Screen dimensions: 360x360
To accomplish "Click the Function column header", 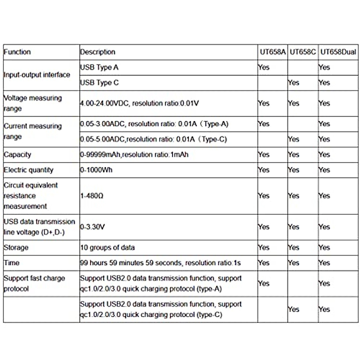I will tap(17, 52).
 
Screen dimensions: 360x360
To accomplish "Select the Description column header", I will tap(97, 52).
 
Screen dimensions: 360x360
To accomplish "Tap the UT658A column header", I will tap(272, 52).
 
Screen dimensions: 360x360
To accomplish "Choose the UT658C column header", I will tap(303, 52).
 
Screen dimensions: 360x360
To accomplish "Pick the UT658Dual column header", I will tap(338, 52).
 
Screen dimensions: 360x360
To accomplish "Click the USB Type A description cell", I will tap(99, 67).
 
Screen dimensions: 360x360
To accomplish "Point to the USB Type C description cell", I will tap(99, 82).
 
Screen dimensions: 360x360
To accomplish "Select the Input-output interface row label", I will tap(37, 75).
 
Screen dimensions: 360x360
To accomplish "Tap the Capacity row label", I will tap(17, 154).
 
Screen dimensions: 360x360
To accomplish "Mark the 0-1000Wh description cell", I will tap(96, 170).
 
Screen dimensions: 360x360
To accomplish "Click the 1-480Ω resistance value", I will tap(91, 196).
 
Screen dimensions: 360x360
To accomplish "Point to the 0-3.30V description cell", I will tap(92, 227).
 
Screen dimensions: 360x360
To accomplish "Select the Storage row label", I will tap(16, 247).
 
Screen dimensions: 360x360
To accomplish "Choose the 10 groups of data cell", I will tap(107, 247).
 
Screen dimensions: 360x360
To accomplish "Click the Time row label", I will tap(11, 263).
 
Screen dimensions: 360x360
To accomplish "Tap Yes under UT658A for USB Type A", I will tap(264, 67).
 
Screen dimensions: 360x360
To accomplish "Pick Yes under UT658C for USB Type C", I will tap(293, 82).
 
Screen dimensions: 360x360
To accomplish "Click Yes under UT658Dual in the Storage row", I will tap(324, 247).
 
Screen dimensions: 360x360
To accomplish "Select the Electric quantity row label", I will tap(28, 170).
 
